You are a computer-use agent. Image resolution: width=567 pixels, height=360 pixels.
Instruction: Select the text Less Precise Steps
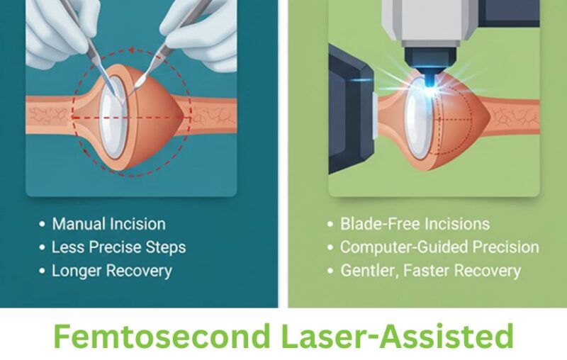[118, 247]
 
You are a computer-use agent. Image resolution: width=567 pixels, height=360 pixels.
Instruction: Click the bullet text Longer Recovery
[111, 271]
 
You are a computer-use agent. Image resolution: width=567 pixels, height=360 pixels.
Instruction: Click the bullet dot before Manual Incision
[42, 225]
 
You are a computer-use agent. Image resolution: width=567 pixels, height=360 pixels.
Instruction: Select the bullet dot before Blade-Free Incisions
[330, 225]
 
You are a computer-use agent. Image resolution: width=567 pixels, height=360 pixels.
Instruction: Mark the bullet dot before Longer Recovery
[42, 271]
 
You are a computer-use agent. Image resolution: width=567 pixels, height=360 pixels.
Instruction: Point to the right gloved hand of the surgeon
[202, 28]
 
